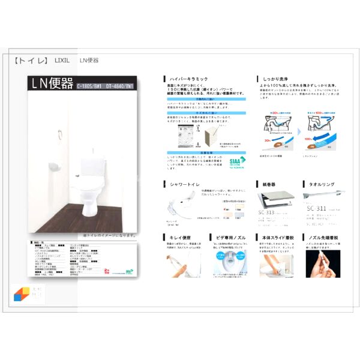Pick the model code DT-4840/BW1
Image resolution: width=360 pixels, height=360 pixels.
pos(121,86)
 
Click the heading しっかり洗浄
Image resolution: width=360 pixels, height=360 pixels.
pos(277,79)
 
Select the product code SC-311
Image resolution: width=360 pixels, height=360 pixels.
pos(316,215)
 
